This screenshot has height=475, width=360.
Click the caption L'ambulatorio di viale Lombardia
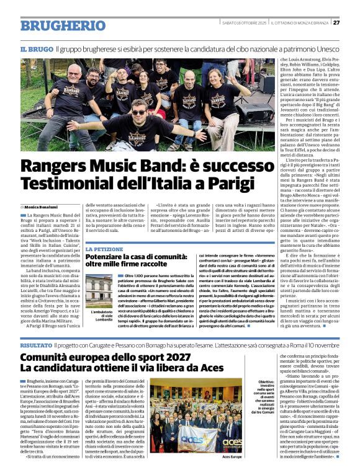[99, 316]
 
